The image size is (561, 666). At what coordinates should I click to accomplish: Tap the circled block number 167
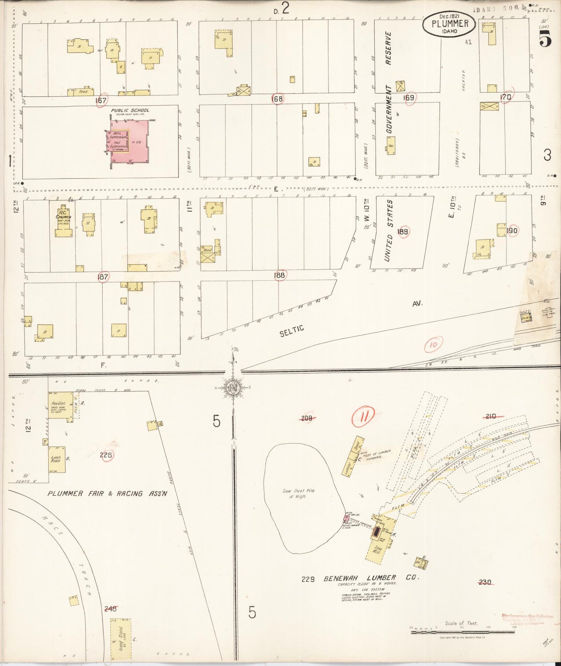tap(101, 100)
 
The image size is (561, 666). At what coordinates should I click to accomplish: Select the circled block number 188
tap(279, 275)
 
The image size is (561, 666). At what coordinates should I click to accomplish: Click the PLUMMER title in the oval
tap(450, 23)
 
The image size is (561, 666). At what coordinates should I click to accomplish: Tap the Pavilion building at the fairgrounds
tap(60, 406)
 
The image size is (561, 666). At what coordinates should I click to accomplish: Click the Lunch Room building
tap(57, 459)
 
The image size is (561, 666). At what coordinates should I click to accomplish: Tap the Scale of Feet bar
tap(462, 632)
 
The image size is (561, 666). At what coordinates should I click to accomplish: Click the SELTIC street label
tap(292, 331)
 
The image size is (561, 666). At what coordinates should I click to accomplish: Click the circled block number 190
tap(512, 231)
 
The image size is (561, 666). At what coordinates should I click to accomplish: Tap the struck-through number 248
tap(111, 609)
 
